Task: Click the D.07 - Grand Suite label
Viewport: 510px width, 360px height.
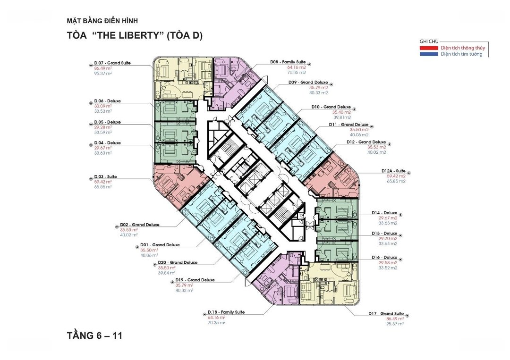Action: [112, 63]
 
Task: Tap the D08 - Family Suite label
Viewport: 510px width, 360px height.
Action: [288, 62]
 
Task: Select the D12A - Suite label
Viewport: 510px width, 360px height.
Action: [393, 171]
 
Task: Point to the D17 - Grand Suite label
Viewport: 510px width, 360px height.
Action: [386, 314]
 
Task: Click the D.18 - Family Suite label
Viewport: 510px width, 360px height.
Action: [226, 312]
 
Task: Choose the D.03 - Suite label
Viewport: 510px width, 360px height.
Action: [105, 177]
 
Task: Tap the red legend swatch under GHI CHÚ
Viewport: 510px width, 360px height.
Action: [429, 48]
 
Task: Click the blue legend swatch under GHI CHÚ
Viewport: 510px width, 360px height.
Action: [429, 54]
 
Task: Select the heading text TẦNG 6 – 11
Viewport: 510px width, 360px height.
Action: [94, 335]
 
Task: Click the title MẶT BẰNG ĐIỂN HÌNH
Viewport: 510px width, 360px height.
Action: [102, 21]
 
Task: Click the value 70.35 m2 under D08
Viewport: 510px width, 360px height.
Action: [296, 73]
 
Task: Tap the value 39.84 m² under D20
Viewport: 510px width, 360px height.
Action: [167, 273]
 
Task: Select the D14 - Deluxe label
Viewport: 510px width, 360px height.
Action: [384, 213]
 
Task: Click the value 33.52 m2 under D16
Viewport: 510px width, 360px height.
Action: [388, 268]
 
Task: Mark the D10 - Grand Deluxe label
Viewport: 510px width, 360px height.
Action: [331, 107]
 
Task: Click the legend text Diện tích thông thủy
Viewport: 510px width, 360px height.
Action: [463, 48]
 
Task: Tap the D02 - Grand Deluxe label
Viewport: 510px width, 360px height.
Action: [139, 225]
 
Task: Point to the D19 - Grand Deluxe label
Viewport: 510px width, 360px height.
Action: [195, 280]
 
